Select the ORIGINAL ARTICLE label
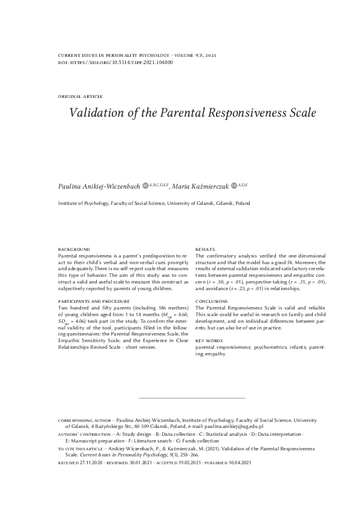tap(80, 96)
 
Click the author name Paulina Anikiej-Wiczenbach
tap(99, 186)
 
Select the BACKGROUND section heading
tap(73, 250)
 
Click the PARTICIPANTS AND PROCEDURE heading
tap(93, 301)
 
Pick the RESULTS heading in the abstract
tap(205, 250)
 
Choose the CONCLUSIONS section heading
tap(211, 301)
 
